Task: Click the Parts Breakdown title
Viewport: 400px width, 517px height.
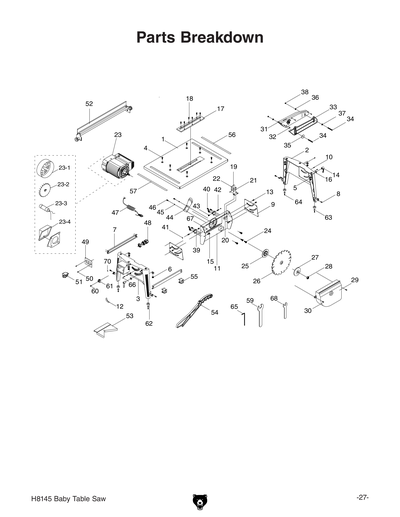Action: tap(199, 39)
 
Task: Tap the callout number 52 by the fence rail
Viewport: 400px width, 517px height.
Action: tap(89, 103)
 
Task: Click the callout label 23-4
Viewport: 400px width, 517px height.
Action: tap(63, 221)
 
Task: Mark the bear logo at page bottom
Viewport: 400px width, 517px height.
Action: tap(200, 498)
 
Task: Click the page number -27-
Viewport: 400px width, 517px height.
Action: tap(363, 498)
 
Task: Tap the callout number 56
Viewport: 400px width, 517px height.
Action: tap(231, 134)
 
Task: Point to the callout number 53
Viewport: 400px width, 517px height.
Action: tap(129, 315)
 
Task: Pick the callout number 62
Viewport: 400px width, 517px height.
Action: tap(149, 324)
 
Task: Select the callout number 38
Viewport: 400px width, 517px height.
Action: tap(304, 91)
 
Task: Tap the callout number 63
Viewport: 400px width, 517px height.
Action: tap(328, 216)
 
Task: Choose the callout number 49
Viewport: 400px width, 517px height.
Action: tap(86, 242)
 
